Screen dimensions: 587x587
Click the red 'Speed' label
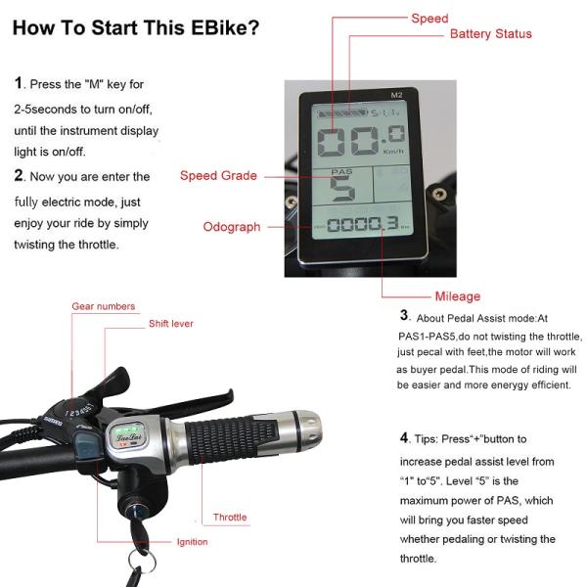[x=429, y=18]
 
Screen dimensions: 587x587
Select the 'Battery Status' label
[x=490, y=34]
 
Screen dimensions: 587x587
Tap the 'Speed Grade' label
[x=218, y=176]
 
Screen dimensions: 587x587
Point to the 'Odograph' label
[x=232, y=227]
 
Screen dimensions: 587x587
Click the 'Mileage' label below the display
[x=457, y=296]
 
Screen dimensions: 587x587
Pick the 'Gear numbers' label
[x=103, y=306]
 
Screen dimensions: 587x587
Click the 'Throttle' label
[x=230, y=518]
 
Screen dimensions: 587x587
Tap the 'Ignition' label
[x=192, y=542]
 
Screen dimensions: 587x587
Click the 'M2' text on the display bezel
[x=396, y=95]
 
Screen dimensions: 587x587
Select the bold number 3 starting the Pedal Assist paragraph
[x=404, y=315]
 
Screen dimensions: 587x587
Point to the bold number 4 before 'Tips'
[x=404, y=437]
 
